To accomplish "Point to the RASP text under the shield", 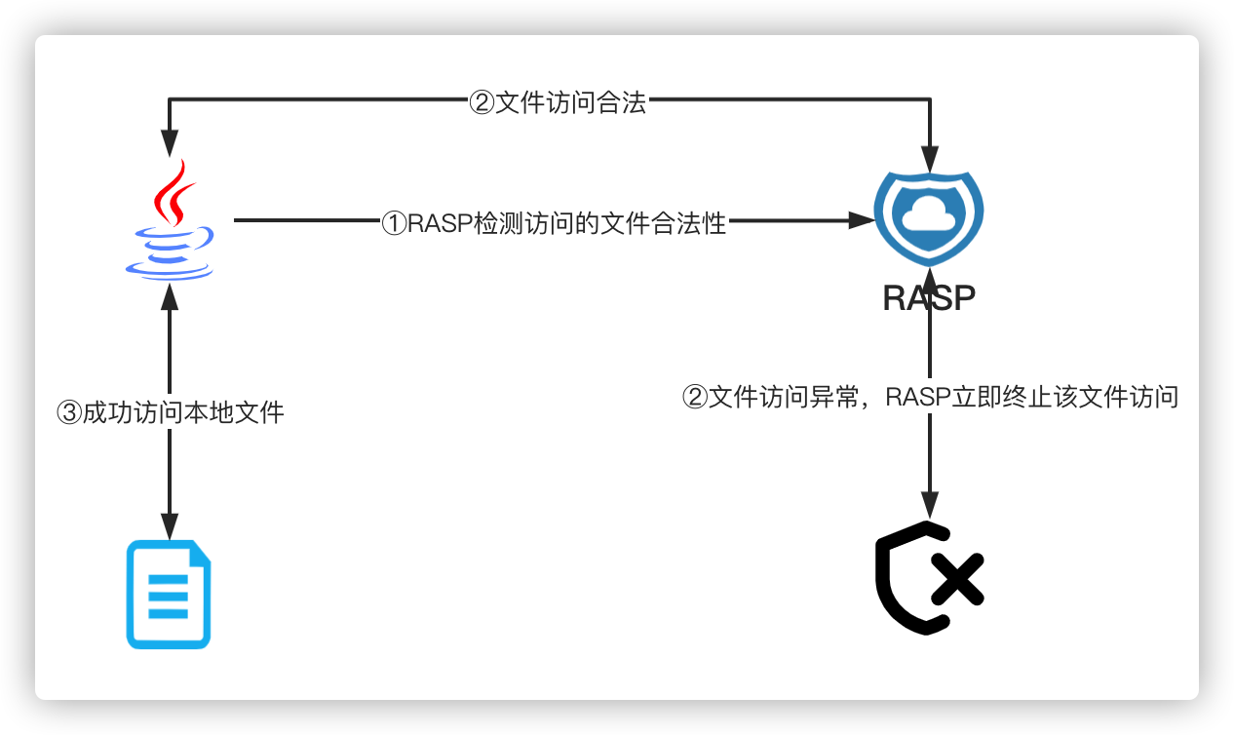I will point(929,297).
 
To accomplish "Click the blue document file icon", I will point(169,594).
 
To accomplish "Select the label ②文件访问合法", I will point(558,103).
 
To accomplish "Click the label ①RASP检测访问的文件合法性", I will point(554,223).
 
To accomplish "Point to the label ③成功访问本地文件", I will point(171,412).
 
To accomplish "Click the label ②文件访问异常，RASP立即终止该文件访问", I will point(929,397).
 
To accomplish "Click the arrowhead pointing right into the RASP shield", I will point(862,221).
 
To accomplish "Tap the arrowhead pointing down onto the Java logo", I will point(171,143).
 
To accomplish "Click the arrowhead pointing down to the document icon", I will point(171,527).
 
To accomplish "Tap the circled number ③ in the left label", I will point(69,413).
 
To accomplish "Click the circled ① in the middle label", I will point(393,224).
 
